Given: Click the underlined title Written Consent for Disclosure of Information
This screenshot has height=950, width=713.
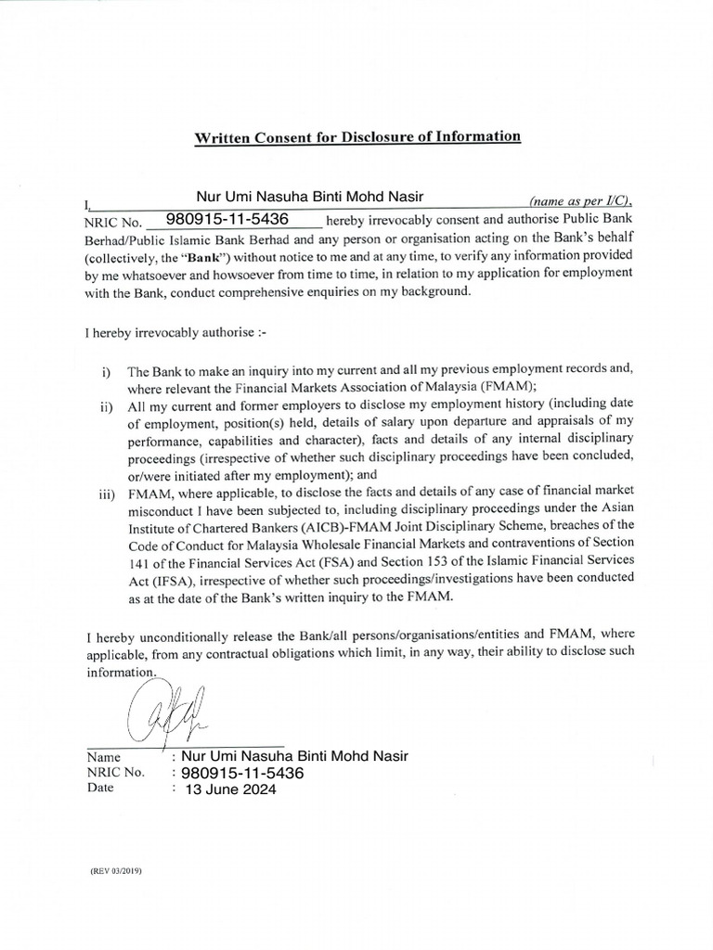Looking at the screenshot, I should point(357,136).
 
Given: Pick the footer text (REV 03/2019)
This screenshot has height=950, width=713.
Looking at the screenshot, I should point(116,872).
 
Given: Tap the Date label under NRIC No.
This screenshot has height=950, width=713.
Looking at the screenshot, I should point(100,789).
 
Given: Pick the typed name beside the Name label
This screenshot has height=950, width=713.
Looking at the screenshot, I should point(294,756).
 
